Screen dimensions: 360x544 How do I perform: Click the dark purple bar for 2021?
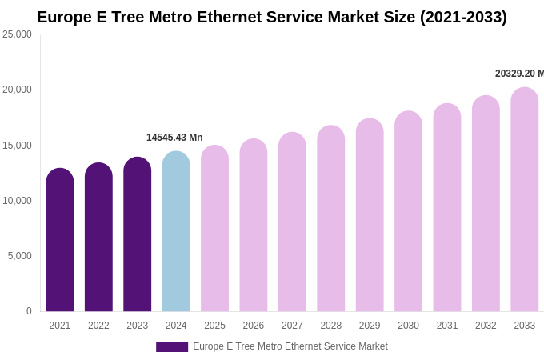tap(60, 240)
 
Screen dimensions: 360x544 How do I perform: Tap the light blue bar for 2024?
tap(176, 231)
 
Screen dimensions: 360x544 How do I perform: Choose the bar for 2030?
tap(408, 211)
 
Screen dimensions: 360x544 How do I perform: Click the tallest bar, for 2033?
tap(525, 199)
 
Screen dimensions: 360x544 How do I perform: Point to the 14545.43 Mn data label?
tap(174, 138)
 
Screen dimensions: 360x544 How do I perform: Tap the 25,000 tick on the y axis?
tap(17, 34)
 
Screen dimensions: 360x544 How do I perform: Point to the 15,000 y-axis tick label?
tap(17, 146)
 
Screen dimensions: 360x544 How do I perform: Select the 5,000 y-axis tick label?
tap(20, 256)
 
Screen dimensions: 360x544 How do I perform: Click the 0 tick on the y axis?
tap(29, 311)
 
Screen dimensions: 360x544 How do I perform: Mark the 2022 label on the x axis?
tap(98, 326)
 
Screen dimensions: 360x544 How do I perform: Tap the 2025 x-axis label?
tap(214, 326)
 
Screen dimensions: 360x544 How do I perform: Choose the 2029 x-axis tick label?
tap(370, 326)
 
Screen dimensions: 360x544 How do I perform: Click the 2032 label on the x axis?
tap(486, 326)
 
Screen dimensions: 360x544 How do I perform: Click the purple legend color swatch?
tap(172, 347)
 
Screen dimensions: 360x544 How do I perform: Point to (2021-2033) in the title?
tap(463, 17)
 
